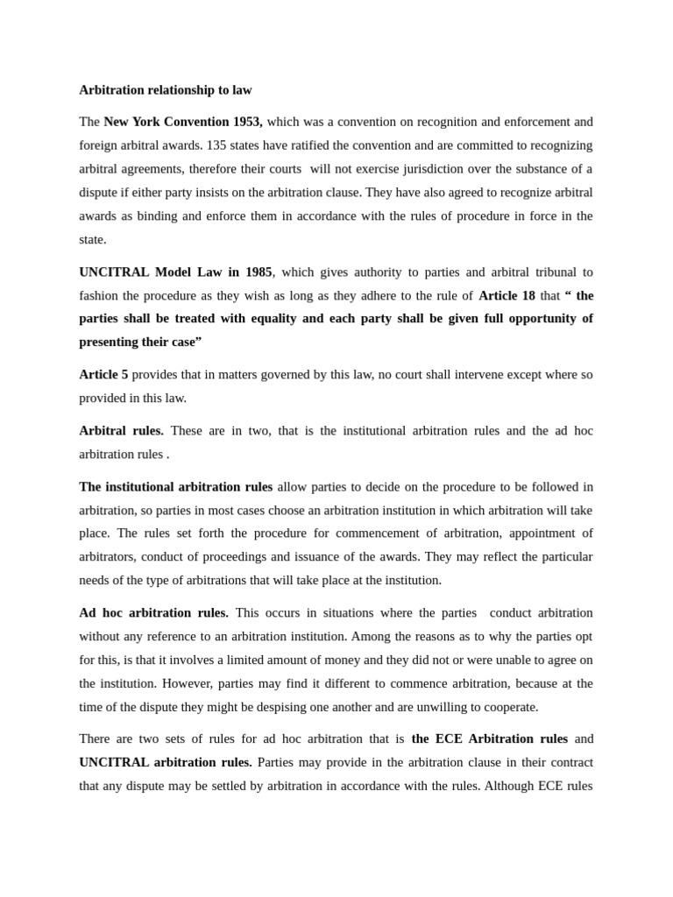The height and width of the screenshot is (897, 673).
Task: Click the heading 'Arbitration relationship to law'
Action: (x=166, y=90)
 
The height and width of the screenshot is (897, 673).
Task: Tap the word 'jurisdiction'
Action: (x=419, y=169)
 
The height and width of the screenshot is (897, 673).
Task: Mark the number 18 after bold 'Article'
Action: (x=528, y=296)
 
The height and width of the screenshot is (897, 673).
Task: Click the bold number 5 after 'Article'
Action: (x=124, y=375)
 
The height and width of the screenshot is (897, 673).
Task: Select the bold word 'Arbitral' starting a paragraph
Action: (x=103, y=431)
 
